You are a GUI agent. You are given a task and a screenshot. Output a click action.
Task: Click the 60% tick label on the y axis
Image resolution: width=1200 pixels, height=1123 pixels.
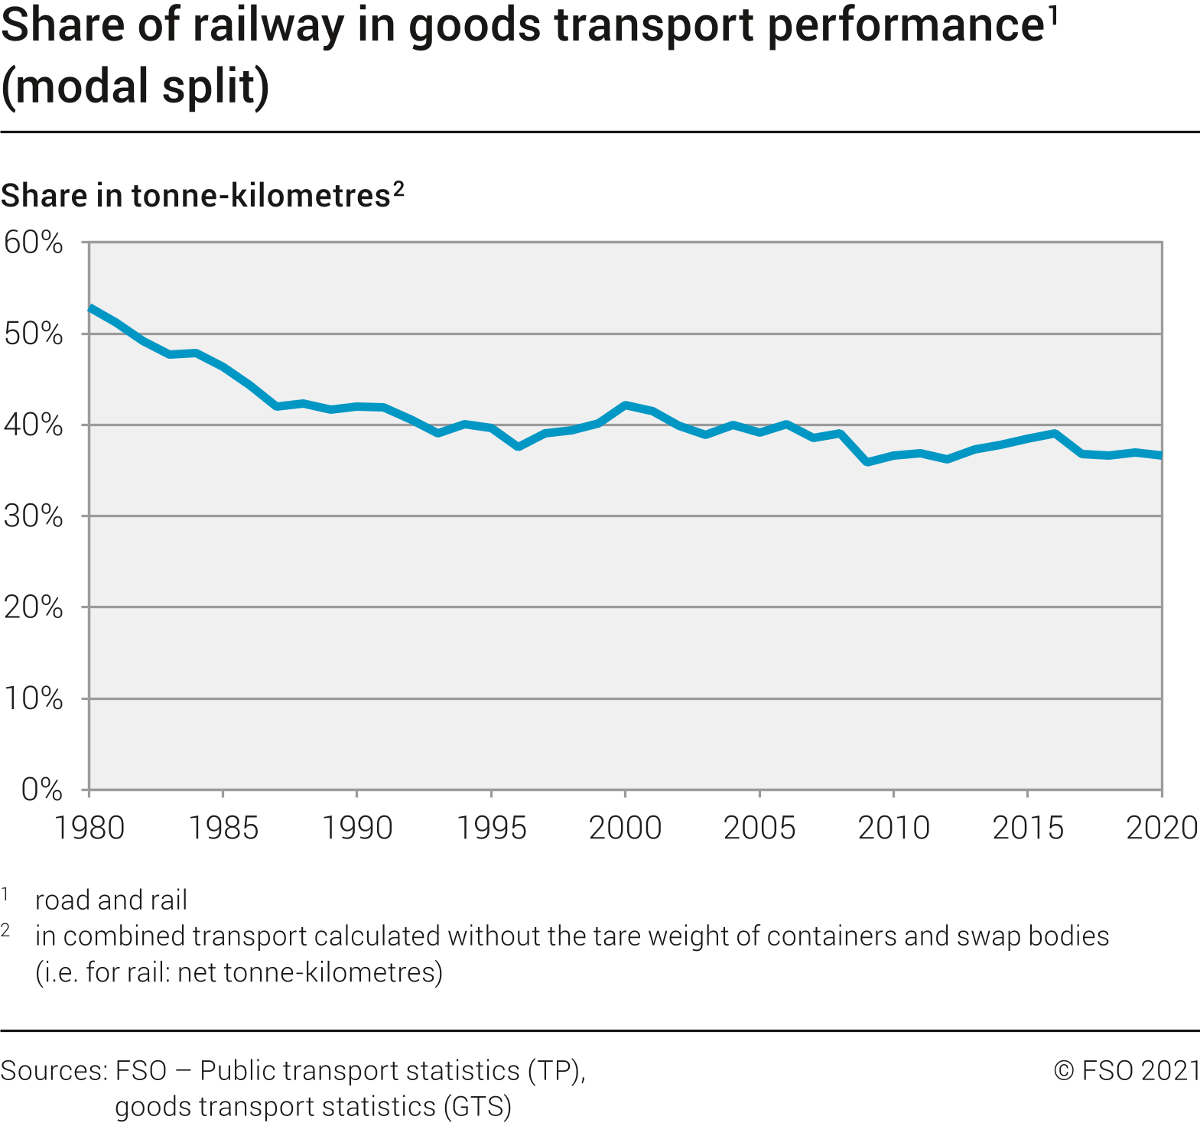click(34, 243)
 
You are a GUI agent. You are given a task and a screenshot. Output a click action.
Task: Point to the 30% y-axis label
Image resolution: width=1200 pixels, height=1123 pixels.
click(34, 516)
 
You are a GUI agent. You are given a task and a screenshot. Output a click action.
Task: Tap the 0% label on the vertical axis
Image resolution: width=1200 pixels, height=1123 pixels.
click(42, 789)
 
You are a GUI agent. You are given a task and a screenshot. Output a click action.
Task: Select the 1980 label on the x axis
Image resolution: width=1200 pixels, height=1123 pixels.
click(89, 828)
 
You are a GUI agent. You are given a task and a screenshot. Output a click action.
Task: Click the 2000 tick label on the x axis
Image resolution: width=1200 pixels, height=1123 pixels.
click(625, 828)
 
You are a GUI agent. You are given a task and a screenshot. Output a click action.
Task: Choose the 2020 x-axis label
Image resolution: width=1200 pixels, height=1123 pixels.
click(1161, 828)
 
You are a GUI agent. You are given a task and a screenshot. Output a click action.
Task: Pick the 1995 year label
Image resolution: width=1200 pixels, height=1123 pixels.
click(491, 828)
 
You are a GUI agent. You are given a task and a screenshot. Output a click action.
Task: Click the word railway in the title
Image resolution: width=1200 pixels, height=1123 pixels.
click(265, 25)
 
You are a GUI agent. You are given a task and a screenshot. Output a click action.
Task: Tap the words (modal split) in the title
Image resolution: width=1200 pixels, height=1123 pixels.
click(135, 86)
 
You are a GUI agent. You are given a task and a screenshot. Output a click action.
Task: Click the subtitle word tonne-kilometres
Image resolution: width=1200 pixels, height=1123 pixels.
click(261, 196)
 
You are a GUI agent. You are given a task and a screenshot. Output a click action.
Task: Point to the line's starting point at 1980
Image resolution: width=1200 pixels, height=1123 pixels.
click(90, 308)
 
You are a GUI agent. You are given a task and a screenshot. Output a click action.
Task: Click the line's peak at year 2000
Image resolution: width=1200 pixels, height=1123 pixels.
click(626, 405)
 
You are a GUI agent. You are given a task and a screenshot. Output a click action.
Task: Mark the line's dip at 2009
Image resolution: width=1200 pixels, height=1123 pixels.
click(867, 462)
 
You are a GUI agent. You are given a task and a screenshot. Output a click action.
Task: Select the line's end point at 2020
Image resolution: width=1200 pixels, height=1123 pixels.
click(1160, 456)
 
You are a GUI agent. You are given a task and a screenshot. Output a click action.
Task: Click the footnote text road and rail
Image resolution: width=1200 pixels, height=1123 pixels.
click(111, 900)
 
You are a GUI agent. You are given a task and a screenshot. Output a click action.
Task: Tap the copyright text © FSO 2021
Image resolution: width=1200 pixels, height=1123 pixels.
click(1127, 1070)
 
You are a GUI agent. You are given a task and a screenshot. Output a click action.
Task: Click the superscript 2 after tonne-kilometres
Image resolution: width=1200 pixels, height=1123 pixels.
click(398, 188)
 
